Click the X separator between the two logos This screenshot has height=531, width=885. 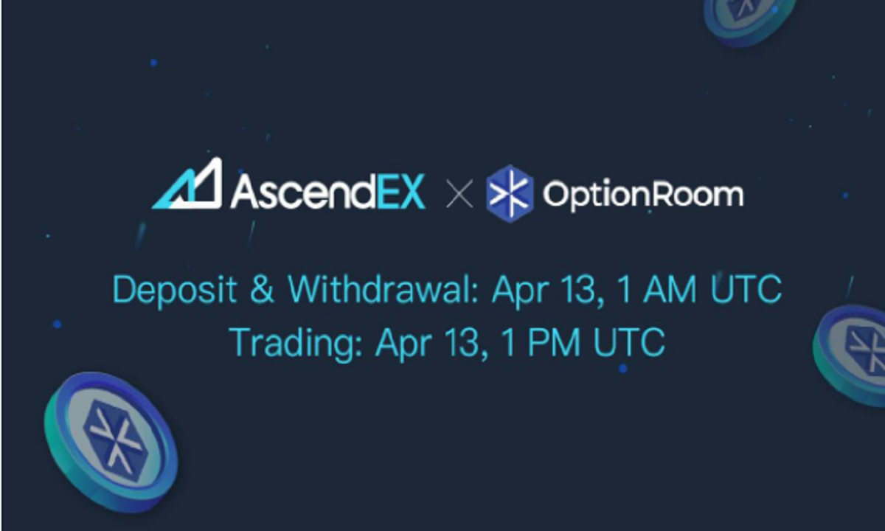pos(459,195)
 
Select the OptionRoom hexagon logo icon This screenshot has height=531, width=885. pos(510,194)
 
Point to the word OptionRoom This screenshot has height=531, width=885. pos(642,194)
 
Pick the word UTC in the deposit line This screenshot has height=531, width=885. pos(746,290)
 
